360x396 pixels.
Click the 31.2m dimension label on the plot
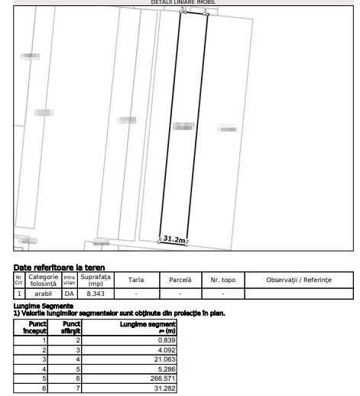[x=174, y=239]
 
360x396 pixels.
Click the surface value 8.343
[x=96, y=293]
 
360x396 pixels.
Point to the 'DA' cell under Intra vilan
[x=70, y=293]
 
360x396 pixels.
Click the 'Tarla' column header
[x=137, y=280]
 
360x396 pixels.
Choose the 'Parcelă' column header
[x=180, y=280]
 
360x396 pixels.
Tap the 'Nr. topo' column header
[x=223, y=280]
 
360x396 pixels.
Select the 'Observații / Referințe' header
[x=299, y=280]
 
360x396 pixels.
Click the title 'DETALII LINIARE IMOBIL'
[x=183, y=2]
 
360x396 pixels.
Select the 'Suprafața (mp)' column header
[x=96, y=280]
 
